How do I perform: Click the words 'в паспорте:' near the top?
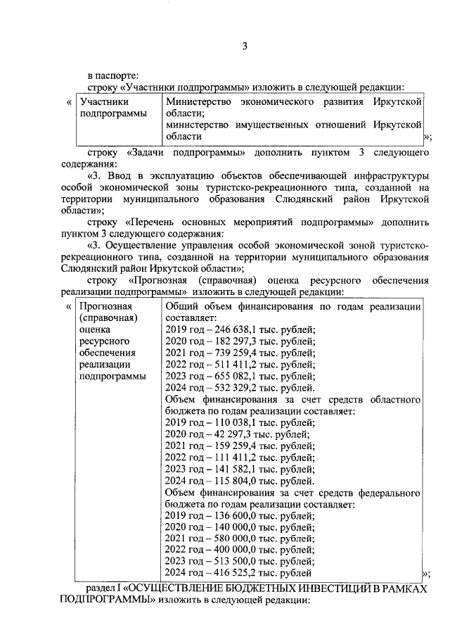click(113, 74)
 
